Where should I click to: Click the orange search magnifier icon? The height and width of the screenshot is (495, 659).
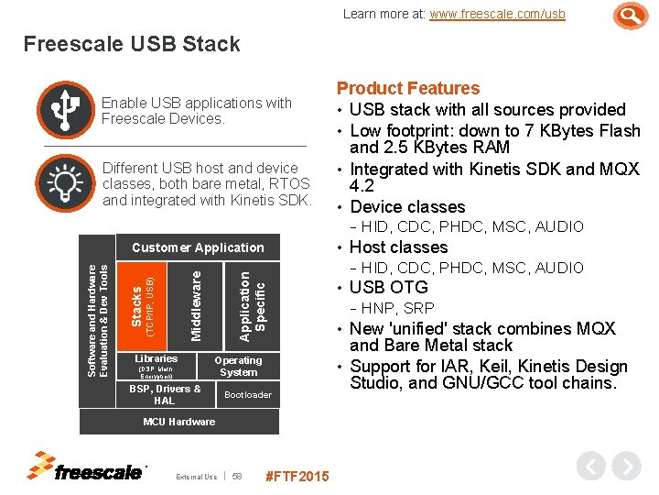point(630,16)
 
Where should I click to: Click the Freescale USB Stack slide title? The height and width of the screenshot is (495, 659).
point(132,44)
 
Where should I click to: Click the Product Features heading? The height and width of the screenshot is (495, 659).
point(408,88)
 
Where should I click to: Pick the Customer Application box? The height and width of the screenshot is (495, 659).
point(197,247)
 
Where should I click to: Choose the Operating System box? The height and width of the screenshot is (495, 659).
point(238,365)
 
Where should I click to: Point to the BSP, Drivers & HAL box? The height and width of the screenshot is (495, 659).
point(165,394)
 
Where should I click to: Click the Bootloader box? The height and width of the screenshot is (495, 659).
point(248,394)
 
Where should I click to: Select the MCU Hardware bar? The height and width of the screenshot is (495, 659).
point(179,422)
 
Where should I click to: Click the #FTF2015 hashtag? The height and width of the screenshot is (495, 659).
point(297,476)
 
